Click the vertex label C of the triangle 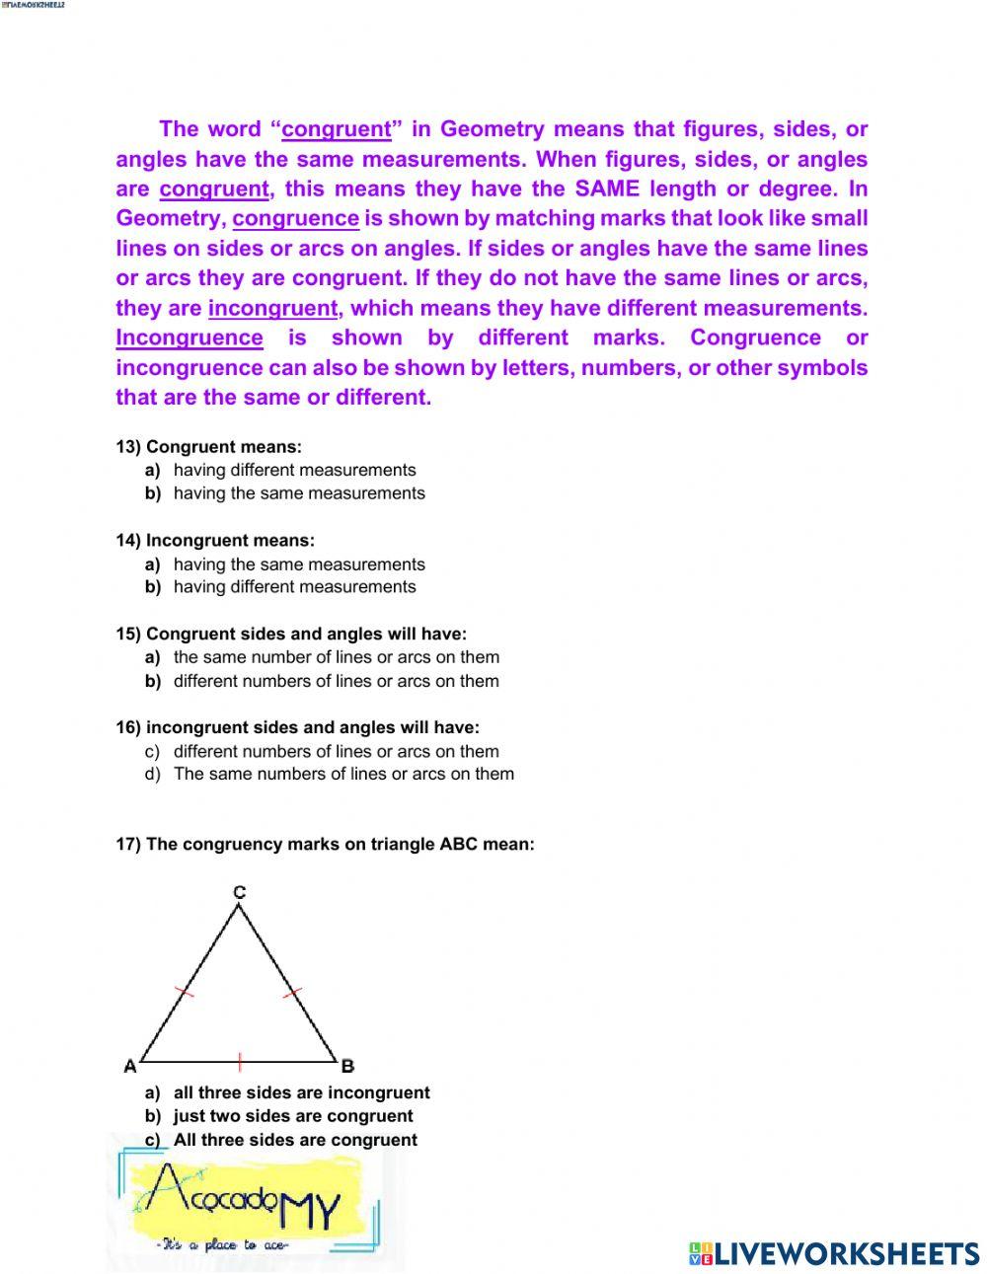click(240, 892)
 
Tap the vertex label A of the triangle click(129, 1066)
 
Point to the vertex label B click(347, 1066)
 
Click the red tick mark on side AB click(240, 1062)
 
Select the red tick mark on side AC click(185, 991)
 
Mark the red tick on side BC click(292, 993)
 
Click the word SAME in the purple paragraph click(607, 189)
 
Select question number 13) click(128, 447)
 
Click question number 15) click(128, 635)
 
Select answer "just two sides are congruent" click(293, 1116)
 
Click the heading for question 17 click(326, 845)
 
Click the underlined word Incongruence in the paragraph click(190, 338)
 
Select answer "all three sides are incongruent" click(301, 1093)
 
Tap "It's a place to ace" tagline click(222, 1245)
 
